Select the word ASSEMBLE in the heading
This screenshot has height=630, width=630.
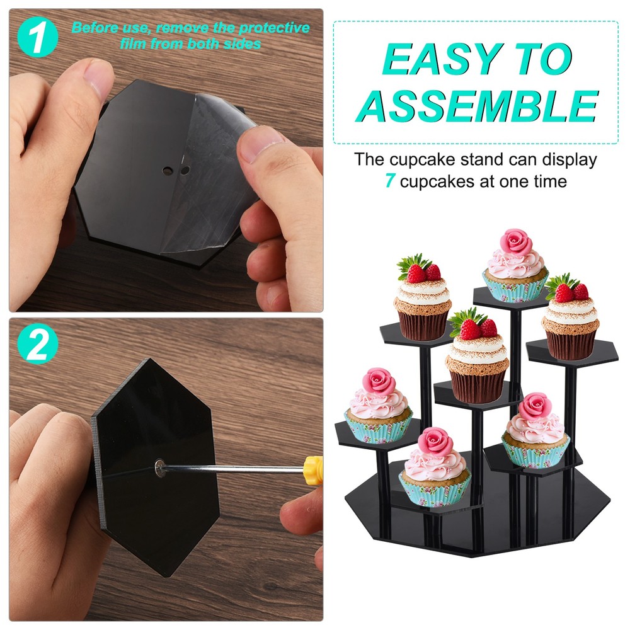pyautogui.click(x=477, y=105)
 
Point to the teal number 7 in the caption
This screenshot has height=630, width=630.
pyautogui.click(x=390, y=182)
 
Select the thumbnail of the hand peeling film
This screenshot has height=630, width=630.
pyautogui.click(x=166, y=161)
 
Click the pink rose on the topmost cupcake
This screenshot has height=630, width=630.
pyautogui.click(x=515, y=241)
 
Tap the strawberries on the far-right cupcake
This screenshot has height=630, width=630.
pyautogui.click(x=571, y=290)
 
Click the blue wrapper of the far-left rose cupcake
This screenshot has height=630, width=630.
pyautogui.click(x=378, y=430)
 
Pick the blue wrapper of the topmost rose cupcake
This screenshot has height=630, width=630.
pyautogui.click(x=515, y=289)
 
